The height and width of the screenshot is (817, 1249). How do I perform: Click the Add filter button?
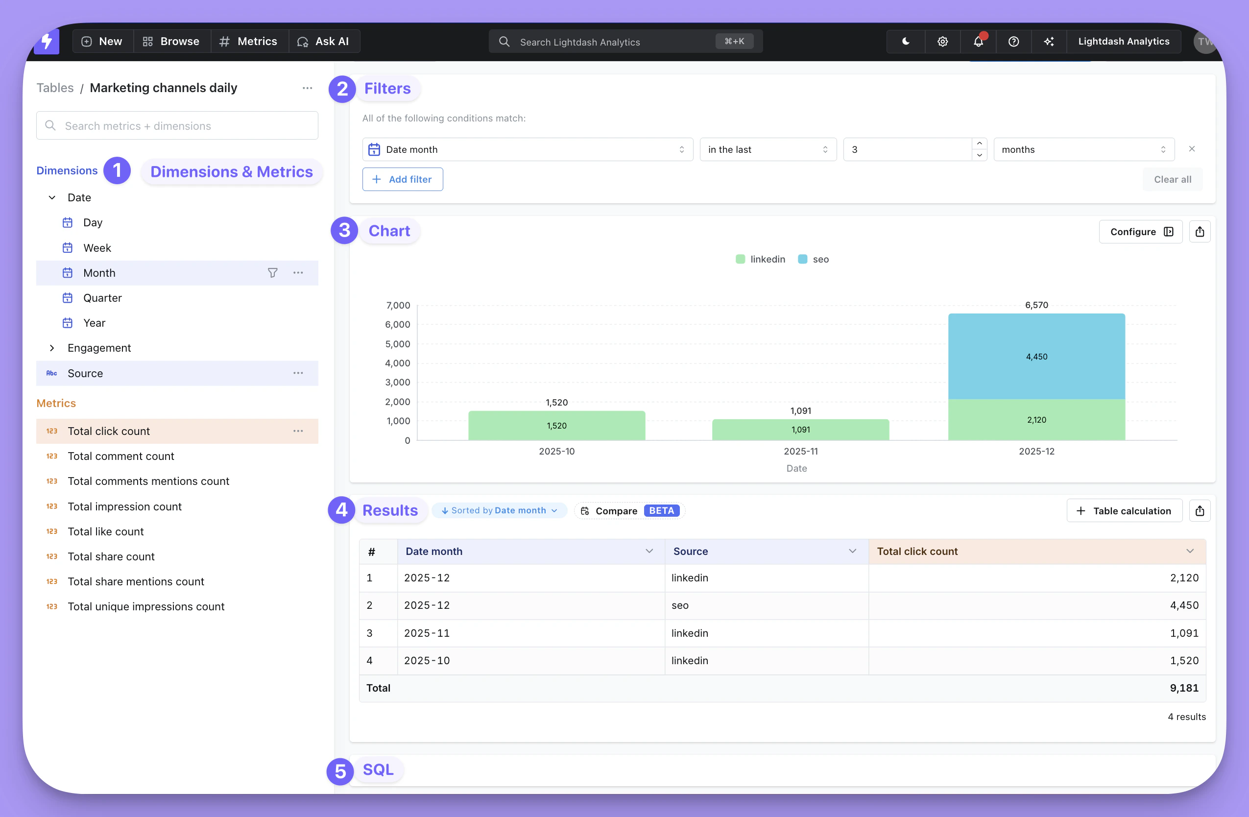[x=403, y=179]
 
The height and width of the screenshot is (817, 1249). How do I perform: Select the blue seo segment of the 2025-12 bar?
[x=1036, y=357]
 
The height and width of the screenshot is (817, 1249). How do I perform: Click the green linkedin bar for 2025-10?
[x=556, y=426]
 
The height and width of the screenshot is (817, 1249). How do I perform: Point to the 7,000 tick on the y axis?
[x=398, y=305]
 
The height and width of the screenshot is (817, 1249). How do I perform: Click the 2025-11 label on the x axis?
[x=800, y=451]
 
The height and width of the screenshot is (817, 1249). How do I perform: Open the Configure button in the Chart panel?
[x=1140, y=232]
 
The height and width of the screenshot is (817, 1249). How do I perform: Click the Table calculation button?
[x=1124, y=510]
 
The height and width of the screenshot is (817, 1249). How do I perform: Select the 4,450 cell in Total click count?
[x=1184, y=605]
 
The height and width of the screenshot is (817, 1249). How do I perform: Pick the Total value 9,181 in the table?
[x=1184, y=688]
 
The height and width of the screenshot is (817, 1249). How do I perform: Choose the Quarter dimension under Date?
[x=102, y=298]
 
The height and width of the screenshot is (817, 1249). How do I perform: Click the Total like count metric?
[x=105, y=531]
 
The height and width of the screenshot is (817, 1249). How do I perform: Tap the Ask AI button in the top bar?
[x=324, y=42]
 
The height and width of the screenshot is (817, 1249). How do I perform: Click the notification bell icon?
[x=978, y=42]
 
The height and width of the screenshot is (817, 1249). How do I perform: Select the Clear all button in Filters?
[x=1173, y=179]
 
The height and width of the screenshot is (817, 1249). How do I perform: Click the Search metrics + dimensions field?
[x=177, y=126]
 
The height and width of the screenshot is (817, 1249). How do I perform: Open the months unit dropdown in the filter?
[x=1083, y=149]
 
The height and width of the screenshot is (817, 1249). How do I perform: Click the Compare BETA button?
[x=629, y=510]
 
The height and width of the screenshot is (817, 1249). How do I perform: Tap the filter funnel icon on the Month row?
[x=272, y=273]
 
